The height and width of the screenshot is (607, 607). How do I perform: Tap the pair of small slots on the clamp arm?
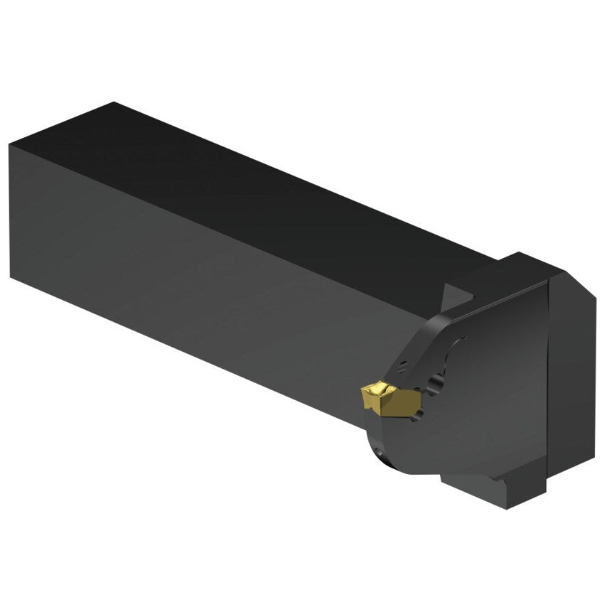coord(403,368)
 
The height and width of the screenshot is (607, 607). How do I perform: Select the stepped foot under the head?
coord(490,490)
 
